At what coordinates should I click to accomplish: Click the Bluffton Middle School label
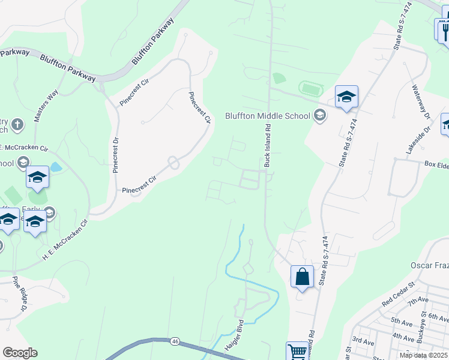click(x=268, y=115)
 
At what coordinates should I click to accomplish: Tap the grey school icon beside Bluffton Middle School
click(x=320, y=115)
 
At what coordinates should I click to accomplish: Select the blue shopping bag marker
click(x=302, y=277)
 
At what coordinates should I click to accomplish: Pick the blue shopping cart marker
click(x=297, y=352)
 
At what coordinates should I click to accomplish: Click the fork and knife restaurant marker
click(x=444, y=30)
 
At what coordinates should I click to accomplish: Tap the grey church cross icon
click(x=18, y=125)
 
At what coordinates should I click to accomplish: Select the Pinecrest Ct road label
click(x=200, y=107)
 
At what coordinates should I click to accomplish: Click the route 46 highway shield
click(x=175, y=341)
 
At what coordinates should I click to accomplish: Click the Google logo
click(x=20, y=353)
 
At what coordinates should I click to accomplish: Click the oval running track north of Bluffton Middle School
click(x=311, y=88)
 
